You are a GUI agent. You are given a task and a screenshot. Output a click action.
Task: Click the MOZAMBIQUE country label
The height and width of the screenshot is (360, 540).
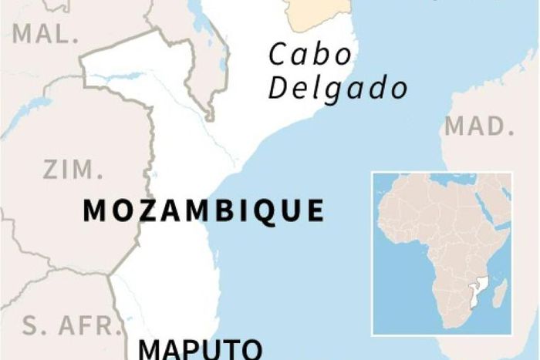[203, 211]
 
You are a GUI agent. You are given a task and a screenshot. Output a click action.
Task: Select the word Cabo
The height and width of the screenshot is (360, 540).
[309, 56]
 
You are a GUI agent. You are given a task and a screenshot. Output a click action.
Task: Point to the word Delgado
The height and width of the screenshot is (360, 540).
[338, 88]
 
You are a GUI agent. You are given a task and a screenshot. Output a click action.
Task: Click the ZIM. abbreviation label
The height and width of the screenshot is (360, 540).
[72, 170]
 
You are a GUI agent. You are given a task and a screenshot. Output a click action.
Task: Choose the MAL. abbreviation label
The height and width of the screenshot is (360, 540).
[46, 34]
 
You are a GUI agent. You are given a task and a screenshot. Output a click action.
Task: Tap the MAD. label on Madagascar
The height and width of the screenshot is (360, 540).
[479, 126]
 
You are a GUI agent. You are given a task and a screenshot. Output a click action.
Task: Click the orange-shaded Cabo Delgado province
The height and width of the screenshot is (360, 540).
[316, 12]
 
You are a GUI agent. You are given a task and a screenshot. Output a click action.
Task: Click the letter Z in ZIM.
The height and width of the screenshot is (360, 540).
[51, 170]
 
